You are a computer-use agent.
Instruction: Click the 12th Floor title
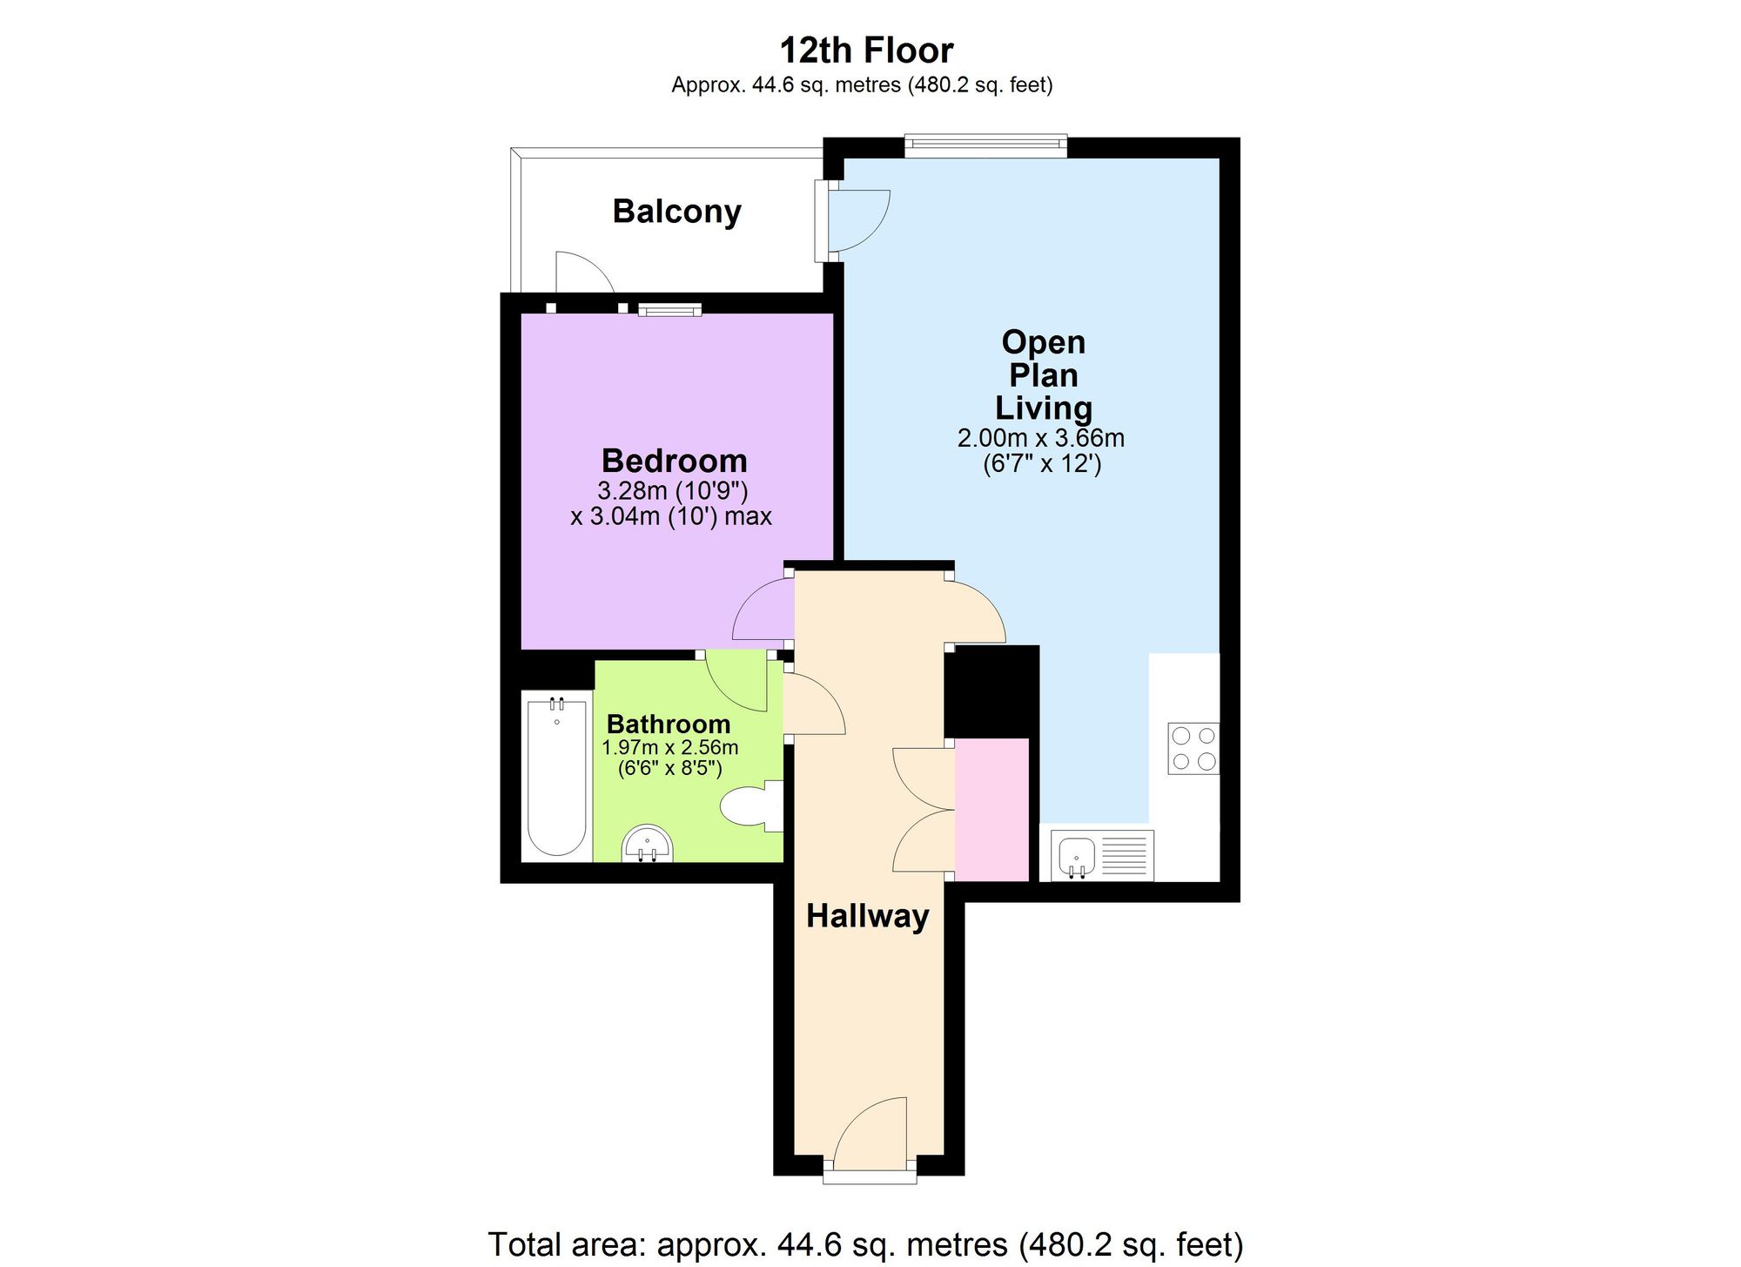point(866,51)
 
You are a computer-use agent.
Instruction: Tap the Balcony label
point(676,212)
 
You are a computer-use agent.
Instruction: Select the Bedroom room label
point(675,461)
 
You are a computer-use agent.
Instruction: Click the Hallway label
point(867,916)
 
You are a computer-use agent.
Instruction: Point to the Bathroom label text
point(669,724)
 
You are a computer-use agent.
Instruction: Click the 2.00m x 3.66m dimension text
point(1041,438)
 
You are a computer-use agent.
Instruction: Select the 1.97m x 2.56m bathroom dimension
point(669,747)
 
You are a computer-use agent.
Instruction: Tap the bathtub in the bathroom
point(556,775)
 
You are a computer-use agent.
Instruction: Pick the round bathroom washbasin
point(648,844)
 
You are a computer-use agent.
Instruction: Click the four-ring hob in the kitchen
point(1193,749)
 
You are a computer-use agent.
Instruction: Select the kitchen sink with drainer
point(1102,855)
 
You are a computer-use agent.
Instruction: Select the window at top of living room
point(985,145)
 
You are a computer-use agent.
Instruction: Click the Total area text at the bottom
point(866,1244)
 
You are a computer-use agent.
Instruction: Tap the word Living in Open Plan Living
point(1043,408)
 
